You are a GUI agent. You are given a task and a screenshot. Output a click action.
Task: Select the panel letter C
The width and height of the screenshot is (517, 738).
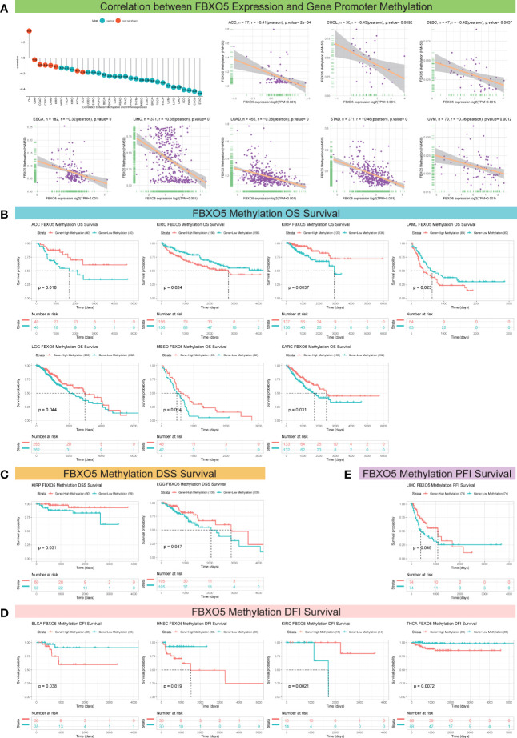[6, 454]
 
